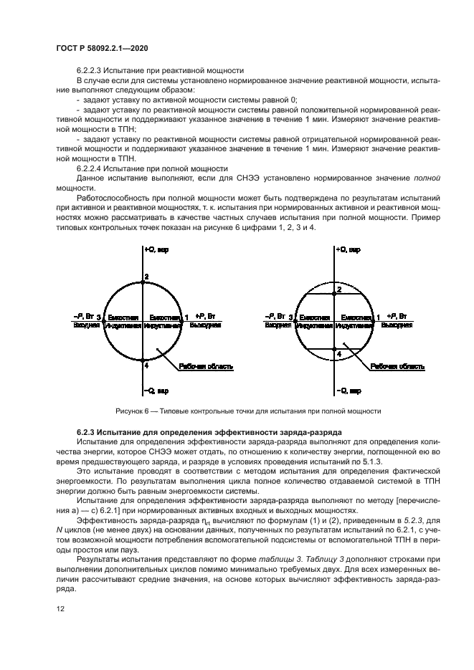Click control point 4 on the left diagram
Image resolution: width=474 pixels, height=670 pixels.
tap(146, 365)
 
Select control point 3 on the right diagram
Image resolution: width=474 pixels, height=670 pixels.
tap(295, 317)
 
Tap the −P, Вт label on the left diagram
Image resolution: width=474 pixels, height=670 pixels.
tap(83, 316)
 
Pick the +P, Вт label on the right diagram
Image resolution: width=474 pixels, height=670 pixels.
tap(397, 316)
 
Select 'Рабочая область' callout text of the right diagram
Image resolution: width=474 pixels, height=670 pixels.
tap(398, 366)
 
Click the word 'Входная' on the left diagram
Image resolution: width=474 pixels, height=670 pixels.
tap(85, 325)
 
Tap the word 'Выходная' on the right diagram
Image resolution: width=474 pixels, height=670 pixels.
tap(397, 325)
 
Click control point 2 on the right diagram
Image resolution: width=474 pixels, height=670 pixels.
tap(339, 289)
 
